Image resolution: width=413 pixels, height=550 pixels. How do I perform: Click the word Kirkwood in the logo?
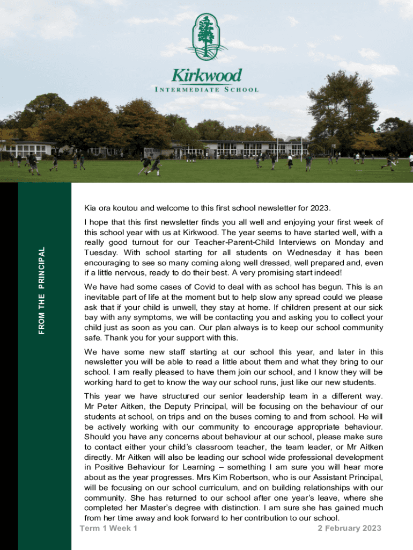coord(206,75)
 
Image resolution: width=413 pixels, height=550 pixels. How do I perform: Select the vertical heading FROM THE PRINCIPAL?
coord(41,290)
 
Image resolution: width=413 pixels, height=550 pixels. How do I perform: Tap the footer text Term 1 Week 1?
coord(108,529)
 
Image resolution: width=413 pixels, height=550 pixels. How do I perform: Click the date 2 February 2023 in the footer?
coord(349,529)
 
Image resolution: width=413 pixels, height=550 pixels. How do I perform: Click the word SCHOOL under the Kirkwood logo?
coord(241,90)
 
